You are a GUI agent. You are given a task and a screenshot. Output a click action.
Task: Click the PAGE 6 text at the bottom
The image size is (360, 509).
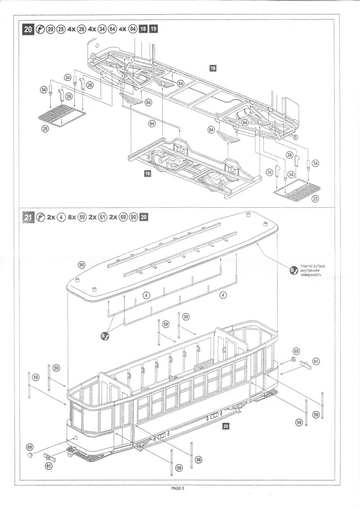click(x=178, y=489)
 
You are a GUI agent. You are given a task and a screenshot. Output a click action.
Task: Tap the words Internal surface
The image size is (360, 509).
click(x=313, y=266)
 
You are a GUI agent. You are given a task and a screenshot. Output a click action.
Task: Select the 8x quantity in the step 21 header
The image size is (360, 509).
click(x=73, y=217)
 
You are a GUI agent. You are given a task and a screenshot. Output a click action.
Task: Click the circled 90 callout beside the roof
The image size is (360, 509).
click(x=83, y=264)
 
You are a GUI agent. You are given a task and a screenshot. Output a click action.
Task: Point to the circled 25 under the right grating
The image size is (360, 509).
click(x=314, y=199)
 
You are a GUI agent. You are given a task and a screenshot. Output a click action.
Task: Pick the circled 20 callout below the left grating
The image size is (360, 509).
click(x=46, y=128)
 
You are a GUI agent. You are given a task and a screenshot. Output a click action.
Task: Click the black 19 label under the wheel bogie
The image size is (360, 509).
click(x=147, y=173)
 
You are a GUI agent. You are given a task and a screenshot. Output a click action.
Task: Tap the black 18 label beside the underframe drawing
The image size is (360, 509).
click(x=213, y=68)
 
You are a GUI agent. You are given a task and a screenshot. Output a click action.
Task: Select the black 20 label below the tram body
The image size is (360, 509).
click(x=226, y=425)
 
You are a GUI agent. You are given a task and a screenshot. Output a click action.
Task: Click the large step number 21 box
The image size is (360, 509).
click(x=29, y=217)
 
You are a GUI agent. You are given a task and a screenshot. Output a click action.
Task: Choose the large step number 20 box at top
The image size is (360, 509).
click(x=29, y=29)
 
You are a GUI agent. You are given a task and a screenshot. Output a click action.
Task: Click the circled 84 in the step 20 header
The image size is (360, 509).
click(x=133, y=29)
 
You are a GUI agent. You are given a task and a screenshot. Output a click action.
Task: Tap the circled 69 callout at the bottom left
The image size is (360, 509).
click(x=29, y=447)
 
